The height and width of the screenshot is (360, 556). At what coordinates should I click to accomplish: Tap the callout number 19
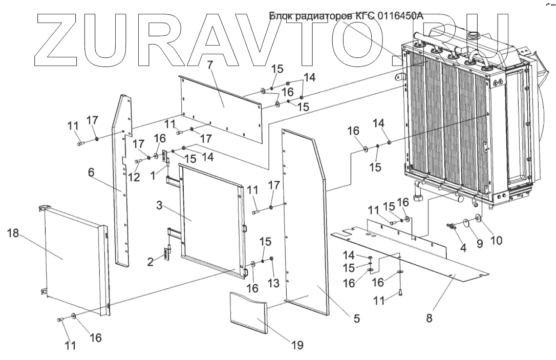(x=296, y=345)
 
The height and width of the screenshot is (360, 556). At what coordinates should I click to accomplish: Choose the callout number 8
(x=429, y=317)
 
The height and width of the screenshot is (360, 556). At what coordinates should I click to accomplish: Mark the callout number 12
(x=134, y=177)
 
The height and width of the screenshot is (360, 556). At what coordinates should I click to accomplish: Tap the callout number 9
(x=480, y=243)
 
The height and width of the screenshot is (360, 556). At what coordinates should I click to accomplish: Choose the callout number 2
(x=151, y=262)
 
